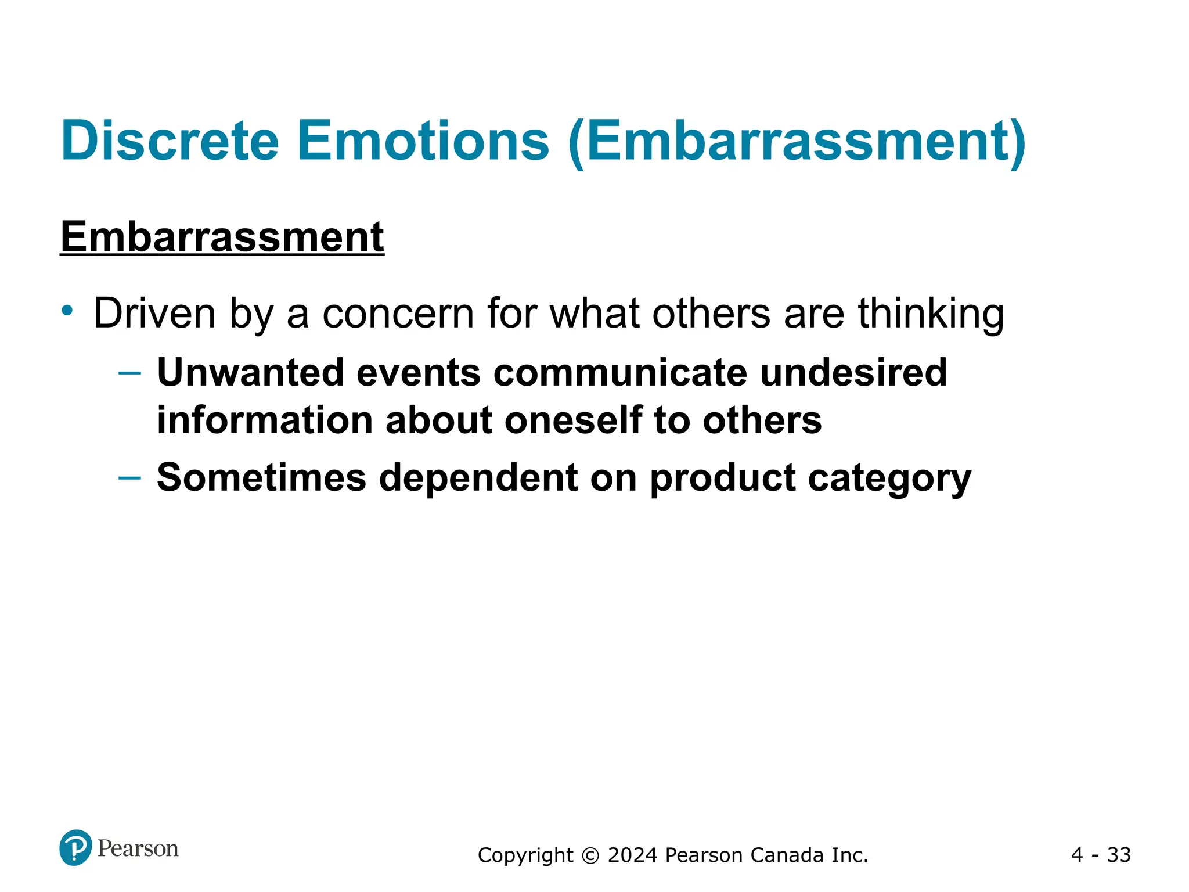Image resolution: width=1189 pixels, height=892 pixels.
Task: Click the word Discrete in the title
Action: (x=170, y=141)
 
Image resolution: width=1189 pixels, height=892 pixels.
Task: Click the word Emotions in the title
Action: (x=423, y=141)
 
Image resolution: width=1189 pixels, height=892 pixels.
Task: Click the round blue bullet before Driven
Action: (x=68, y=310)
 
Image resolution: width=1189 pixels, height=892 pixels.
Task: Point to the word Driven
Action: (x=154, y=314)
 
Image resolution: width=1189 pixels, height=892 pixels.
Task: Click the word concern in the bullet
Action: (x=398, y=314)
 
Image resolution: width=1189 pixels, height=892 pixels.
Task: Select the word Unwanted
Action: (x=251, y=372)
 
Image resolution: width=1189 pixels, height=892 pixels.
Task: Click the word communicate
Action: (x=620, y=372)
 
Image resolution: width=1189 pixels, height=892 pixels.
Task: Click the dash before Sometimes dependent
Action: (x=129, y=478)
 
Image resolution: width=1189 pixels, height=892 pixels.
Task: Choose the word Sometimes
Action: (x=261, y=477)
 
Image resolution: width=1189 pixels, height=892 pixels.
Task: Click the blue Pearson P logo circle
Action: (x=75, y=848)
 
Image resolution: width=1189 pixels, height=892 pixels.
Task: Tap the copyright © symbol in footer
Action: (x=590, y=855)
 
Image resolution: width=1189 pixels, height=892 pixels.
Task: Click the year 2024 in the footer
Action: (x=633, y=855)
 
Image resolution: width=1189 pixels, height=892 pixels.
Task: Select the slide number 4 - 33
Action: (x=1101, y=855)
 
